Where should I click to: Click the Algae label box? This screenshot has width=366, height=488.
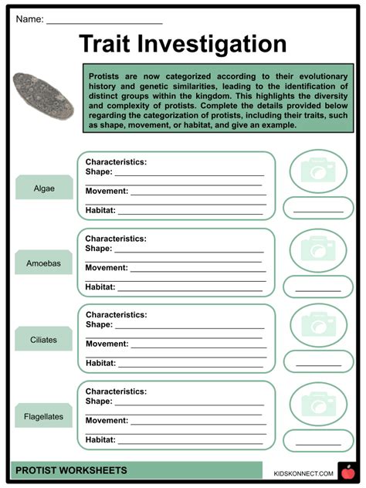[x=44, y=188]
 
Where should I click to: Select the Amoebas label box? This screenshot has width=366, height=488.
[x=44, y=263]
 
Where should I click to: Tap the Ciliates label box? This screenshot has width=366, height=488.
[x=44, y=339]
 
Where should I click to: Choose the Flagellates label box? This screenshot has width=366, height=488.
[x=44, y=416]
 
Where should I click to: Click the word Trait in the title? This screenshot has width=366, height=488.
[x=114, y=44]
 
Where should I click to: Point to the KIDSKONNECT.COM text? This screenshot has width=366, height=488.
[x=303, y=473]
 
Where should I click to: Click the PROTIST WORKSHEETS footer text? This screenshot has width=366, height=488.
[x=70, y=470]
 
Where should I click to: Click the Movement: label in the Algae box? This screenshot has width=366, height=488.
[x=107, y=191]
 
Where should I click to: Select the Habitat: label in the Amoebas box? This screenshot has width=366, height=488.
[x=100, y=286]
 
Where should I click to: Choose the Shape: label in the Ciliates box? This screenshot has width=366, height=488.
[x=99, y=324]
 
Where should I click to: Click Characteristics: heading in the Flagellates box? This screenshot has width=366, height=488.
[x=116, y=391]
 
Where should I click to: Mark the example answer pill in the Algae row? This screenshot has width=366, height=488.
[x=318, y=208]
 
